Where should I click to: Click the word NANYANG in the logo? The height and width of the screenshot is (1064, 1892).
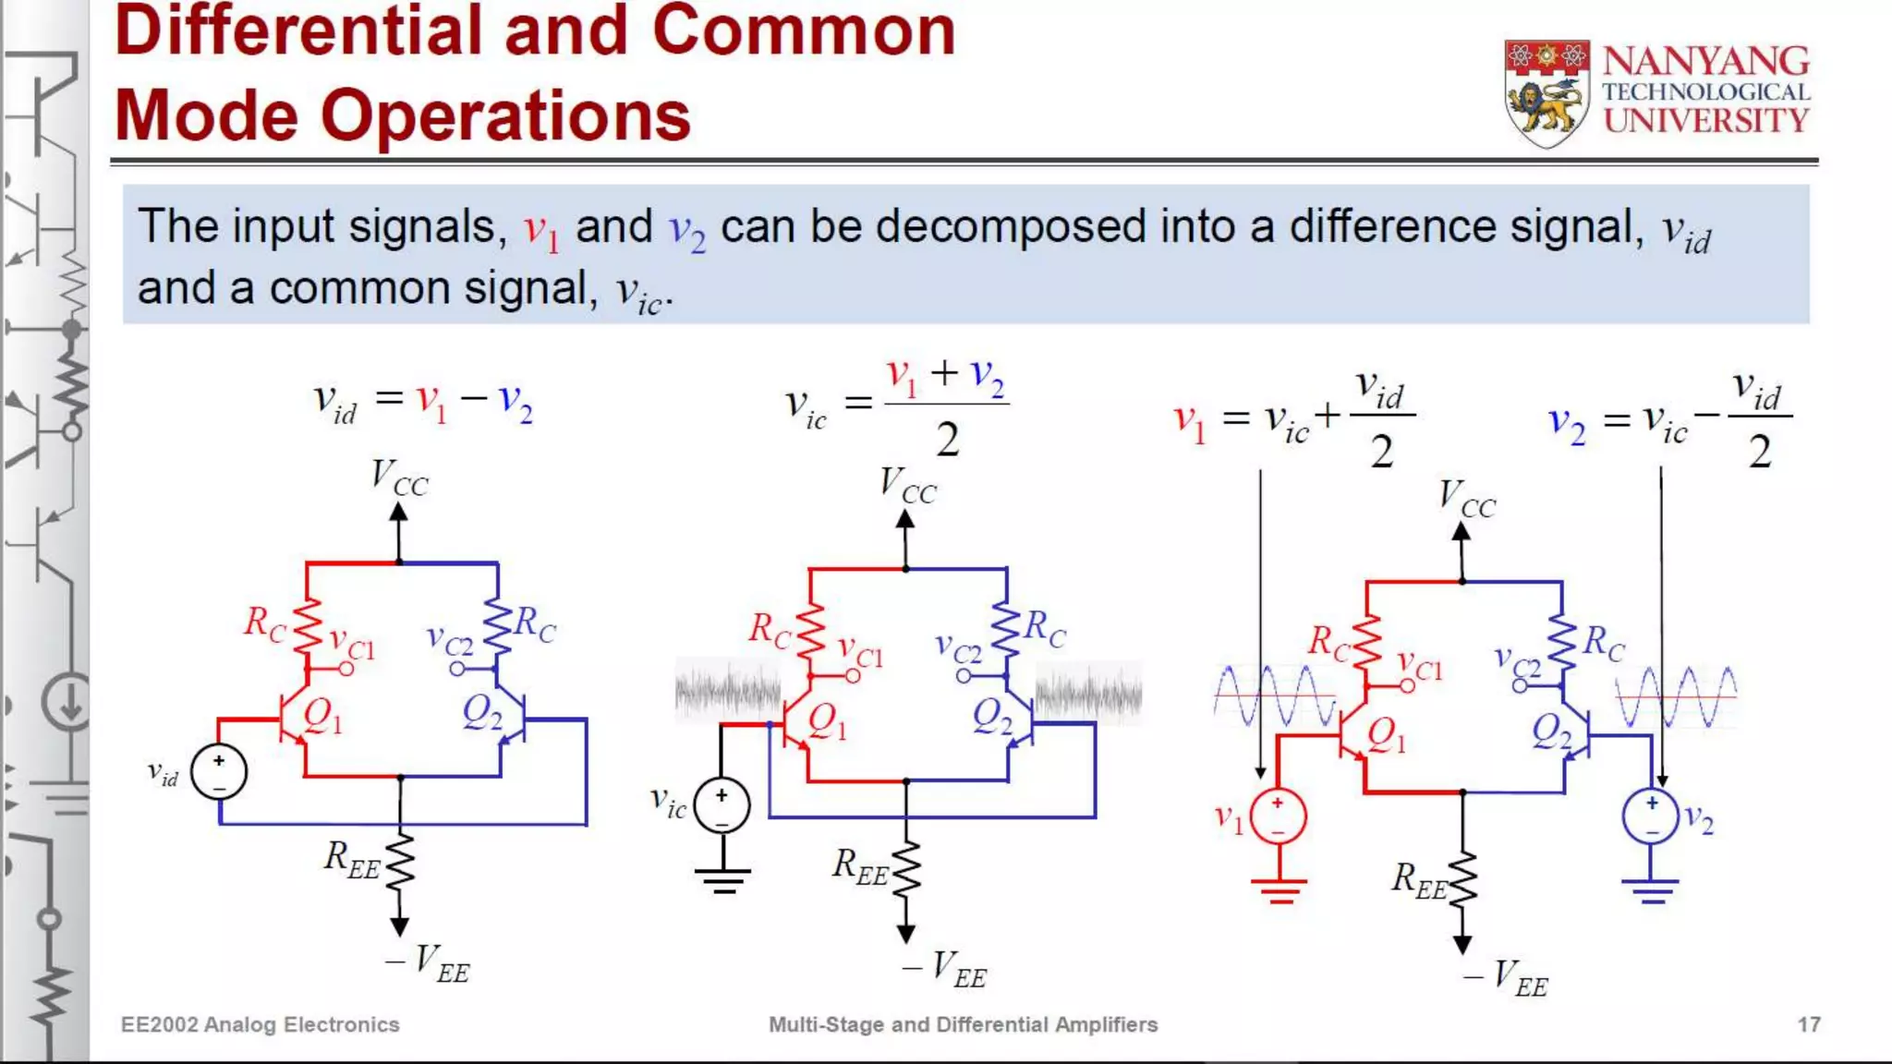(1705, 62)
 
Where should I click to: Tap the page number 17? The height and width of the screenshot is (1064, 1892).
(1808, 1024)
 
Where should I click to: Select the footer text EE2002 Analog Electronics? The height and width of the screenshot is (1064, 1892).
(260, 1024)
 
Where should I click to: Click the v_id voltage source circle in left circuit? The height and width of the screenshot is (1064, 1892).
(219, 772)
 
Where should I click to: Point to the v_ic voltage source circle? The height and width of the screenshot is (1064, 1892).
(722, 805)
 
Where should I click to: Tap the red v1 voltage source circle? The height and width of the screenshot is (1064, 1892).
(1278, 816)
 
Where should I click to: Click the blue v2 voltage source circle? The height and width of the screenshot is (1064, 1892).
(1651, 816)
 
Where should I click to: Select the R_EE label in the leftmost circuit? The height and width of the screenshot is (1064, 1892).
(351, 859)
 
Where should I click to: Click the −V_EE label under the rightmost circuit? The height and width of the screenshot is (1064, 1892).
(1506, 978)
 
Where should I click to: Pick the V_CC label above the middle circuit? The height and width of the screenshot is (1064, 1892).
(907, 485)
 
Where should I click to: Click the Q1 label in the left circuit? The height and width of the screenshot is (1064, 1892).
(322, 716)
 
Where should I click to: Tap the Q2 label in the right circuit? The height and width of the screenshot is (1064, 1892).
(1552, 732)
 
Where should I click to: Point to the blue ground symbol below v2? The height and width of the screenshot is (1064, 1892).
(1651, 891)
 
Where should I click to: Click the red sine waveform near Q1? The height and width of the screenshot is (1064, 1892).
(1275, 695)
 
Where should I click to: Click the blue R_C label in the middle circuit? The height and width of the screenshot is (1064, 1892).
(1045, 630)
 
